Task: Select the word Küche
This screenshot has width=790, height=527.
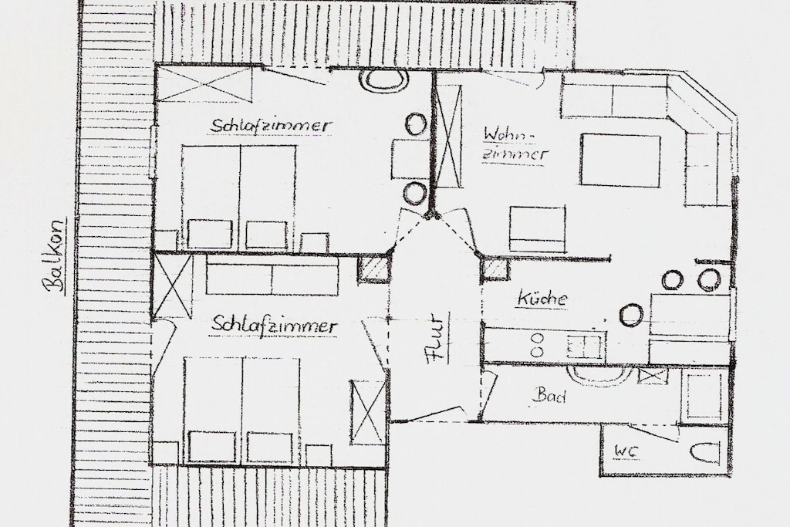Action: pyautogui.click(x=542, y=299)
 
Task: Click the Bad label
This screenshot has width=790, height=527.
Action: pyautogui.click(x=549, y=396)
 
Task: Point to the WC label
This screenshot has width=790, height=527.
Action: pyautogui.click(x=625, y=451)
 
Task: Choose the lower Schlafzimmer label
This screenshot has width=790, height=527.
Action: pyautogui.click(x=274, y=325)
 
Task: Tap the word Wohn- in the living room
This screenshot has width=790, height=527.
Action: pyautogui.click(x=508, y=134)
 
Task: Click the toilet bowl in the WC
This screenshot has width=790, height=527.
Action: pyautogui.click(x=704, y=452)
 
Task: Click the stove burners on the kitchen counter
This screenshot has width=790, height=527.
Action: pyautogui.click(x=538, y=345)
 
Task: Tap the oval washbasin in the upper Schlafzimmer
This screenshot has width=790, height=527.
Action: pyautogui.click(x=384, y=80)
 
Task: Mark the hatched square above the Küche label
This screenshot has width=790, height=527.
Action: pyautogui.click(x=496, y=268)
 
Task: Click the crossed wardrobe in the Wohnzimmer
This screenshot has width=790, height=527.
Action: pyautogui.click(x=448, y=136)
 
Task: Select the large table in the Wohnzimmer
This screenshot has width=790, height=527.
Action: pyautogui.click(x=620, y=160)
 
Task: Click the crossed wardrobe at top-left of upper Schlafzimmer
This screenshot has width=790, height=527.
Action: pyautogui.click(x=203, y=83)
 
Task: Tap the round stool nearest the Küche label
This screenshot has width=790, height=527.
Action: pyautogui.click(x=631, y=315)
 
